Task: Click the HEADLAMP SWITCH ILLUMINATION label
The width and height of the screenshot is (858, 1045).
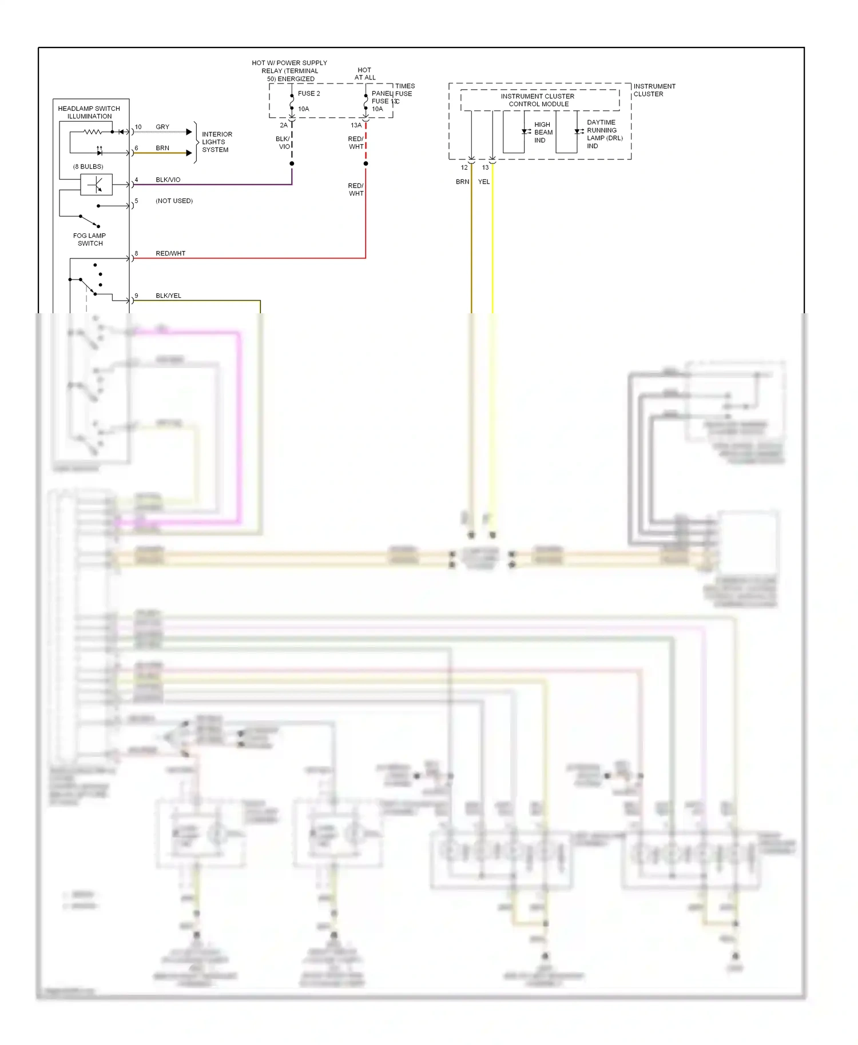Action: pyautogui.click(x=89, y=112)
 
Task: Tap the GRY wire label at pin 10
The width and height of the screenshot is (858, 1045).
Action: pyautogui.click(x=162, y=127)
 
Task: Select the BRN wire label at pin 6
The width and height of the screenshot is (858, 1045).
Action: pyautogui.click(x=162, y=148)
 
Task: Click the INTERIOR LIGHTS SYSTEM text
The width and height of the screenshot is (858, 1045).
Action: pyautogui.click(x=216, y=142)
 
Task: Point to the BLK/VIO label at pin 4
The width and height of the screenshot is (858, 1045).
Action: pyautogui.click(x=168, y=180)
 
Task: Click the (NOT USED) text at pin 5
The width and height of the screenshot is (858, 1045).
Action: pyautogui.click(x=174, y=201)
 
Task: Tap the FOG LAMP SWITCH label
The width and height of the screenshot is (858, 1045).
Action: pyautogui.click(x=90, y=240)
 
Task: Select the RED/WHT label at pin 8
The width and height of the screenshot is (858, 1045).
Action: pyautogui.click(x=170, y=253)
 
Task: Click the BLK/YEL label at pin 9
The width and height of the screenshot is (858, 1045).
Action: pyautogui.click(x=168, y=296)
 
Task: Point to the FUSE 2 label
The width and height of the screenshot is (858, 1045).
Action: pyautogui.click(x=309, y=94)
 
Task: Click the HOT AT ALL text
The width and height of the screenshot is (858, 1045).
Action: pyautogui.click(x=365, y=74)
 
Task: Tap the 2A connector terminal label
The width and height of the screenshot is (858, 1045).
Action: pyautogui.click(x=284, y=125)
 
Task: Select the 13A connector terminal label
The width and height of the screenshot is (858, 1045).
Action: pyautogui.click(x=356, y=125)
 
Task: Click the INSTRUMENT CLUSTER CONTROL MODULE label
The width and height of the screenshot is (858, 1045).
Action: pyautogui.click(x=538, y=100)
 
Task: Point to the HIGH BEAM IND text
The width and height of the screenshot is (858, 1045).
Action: pyautogui.click(x=543, y=132)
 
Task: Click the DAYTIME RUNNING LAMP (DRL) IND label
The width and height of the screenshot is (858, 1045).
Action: pyautogui.click(x=604, y=134)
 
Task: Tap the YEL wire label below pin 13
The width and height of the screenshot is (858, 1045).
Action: pyautogui.click(x=484, y=182)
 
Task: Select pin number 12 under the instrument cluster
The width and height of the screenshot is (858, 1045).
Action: pyautogui.click(x=464, y=167)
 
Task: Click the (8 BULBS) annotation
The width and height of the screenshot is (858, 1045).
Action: pyautogui.click(x=88, y=166)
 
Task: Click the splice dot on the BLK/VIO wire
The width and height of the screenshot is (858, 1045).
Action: pyautogui.click(x=292, y=163)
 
